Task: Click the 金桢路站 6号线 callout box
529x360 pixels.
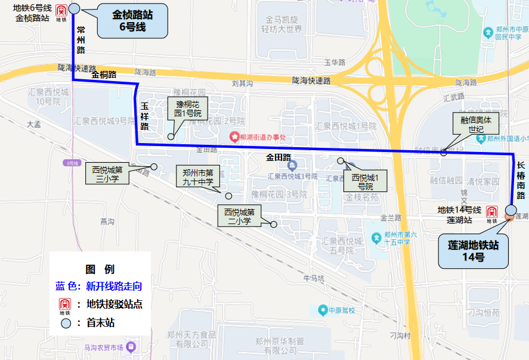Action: tap(132, 21)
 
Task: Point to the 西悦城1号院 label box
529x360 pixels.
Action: tap(365, 181)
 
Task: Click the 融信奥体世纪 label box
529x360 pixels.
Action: tap(475, 124)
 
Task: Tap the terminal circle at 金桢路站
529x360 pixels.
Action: tap(74, 8)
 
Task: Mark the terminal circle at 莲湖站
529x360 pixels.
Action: tap(511, 210)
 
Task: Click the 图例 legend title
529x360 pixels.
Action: tap(100, 269)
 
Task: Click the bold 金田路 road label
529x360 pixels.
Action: tap(278, 157)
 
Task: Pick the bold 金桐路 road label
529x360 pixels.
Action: tap(104, 75)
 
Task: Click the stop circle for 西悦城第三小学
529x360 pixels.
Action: tap(153, 167)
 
